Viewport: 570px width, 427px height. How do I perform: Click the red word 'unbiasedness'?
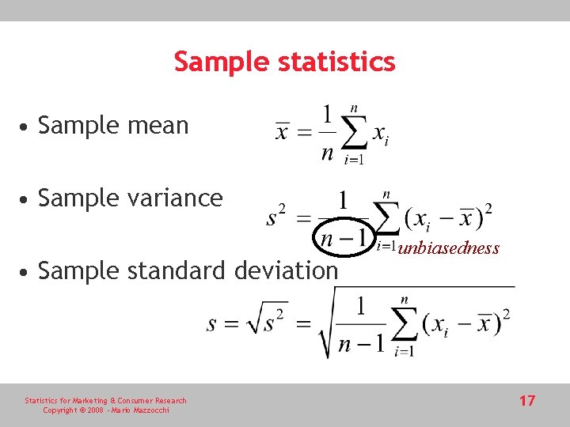(449, 248)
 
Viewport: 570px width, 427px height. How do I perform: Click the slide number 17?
(527, 401)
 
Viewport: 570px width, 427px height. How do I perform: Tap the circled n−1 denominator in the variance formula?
(342, 237)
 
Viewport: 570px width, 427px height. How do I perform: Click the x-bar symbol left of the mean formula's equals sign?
(282, 131)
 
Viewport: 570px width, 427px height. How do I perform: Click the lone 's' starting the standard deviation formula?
(212, 324)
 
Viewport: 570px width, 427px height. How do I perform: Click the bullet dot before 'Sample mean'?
(27, 127)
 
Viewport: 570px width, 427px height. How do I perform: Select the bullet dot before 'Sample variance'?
(27, 198)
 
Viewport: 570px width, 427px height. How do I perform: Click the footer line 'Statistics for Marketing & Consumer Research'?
(105, 401)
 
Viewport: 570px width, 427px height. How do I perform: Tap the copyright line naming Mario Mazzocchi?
(105, 410)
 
